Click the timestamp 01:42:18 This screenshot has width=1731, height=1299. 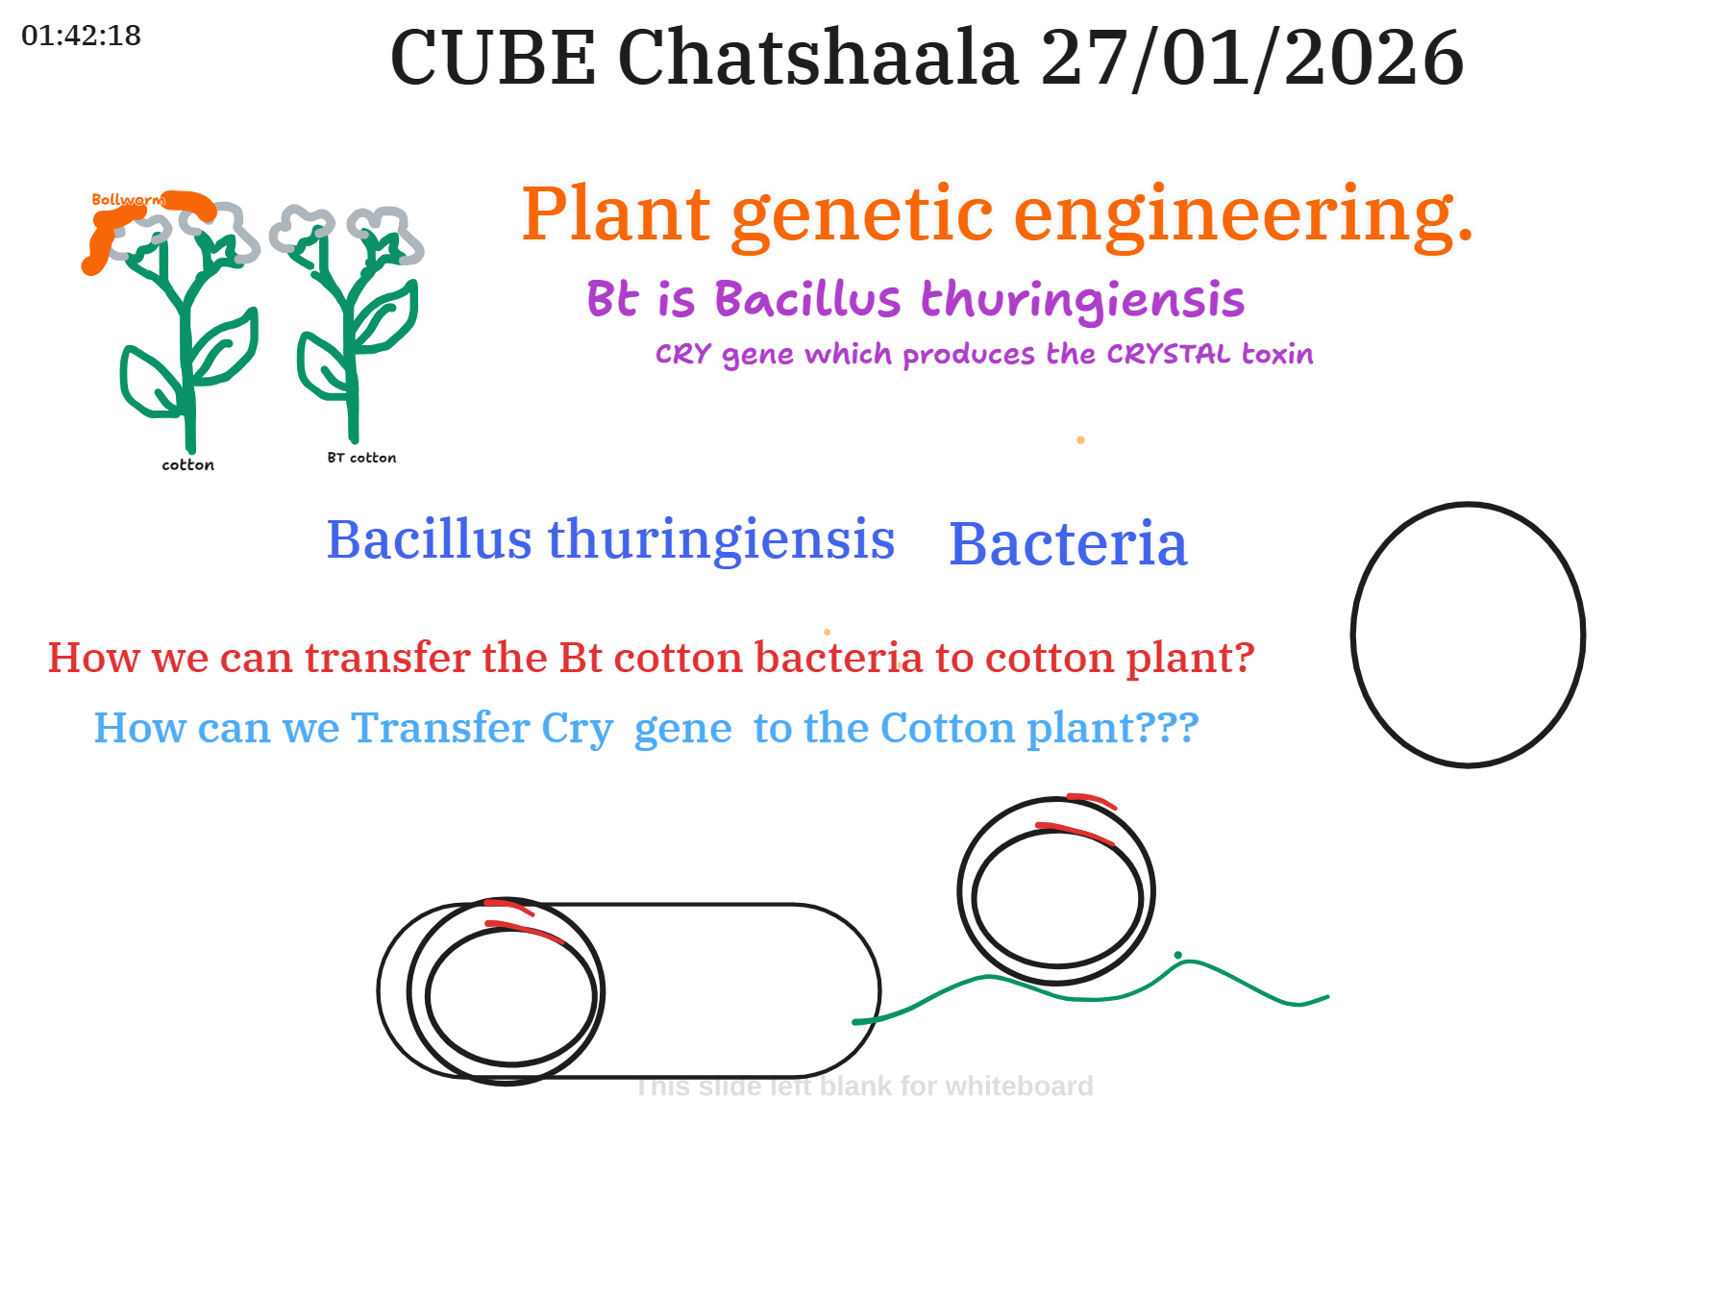(x=82, y=36)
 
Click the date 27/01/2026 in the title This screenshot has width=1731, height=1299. (x=1252, y=58)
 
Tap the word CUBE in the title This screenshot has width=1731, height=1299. (x=493, y=58)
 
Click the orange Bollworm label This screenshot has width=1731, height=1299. (x=128, y=200)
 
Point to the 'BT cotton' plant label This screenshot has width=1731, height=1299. (x=361, y=458)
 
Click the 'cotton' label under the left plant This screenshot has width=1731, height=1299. (x=188, y=465)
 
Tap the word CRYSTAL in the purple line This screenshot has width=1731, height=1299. (x=1169, y=354)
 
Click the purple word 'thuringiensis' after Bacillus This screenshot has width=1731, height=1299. (x=1083, y=300)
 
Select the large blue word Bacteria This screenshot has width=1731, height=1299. (x=1068, y=544)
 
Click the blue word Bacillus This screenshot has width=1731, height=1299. (x=429, y=538)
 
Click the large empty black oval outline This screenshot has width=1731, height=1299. (x=1353, y=635)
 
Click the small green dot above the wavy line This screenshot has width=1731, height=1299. (x=1178, y=955)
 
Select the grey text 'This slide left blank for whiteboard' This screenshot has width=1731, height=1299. (x=864, y=1087)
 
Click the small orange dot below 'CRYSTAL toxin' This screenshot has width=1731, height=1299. (x=1081, y=440)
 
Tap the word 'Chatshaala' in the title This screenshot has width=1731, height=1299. (x=818, y=58)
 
